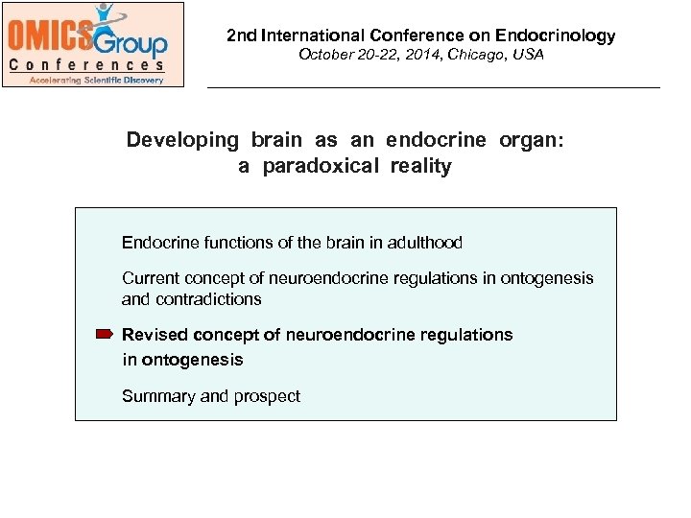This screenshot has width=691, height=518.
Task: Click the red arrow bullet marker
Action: pos(105,334)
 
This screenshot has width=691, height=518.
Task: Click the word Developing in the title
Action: pos(182,140)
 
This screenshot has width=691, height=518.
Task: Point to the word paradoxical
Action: pos(321,167)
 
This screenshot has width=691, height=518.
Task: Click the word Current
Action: pos(149,278)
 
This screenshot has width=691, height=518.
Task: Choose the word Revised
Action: pos(155,335)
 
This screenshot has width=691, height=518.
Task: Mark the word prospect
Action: pos(268,396)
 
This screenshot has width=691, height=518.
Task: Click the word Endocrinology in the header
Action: pos(556,35)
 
